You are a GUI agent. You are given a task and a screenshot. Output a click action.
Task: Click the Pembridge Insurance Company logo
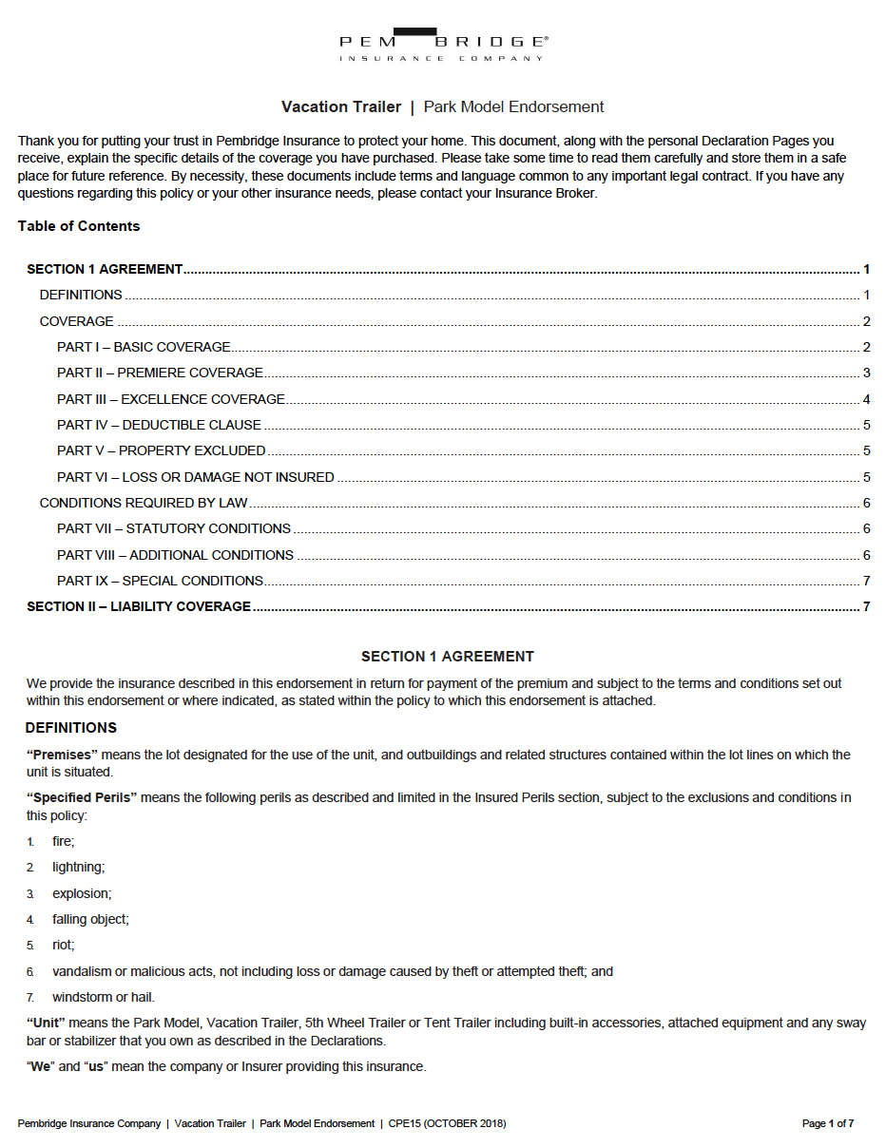pos(443,45)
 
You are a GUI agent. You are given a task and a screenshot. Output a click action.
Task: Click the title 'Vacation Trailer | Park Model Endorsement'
pos(442,106)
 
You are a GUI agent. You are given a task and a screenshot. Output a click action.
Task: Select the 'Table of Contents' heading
pos(79,226)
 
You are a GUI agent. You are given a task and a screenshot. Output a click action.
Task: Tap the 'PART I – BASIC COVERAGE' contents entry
pos(144,347)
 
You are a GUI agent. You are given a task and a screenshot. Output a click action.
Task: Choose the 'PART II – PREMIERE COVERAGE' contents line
pos(160,373)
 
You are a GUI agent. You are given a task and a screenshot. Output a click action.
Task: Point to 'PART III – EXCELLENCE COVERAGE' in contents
pos(171,399)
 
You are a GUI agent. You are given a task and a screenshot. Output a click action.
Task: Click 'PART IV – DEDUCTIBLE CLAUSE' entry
pos(159,425)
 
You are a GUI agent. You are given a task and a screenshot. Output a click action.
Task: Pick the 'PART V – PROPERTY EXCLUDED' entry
pos(162,450)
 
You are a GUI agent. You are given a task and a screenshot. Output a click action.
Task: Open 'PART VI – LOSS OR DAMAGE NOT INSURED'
pos(196,477)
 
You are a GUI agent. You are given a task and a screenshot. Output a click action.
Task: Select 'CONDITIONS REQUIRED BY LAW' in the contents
pos(144,503)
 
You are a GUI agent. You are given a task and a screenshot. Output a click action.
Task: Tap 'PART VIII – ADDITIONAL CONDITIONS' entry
pos(176,555)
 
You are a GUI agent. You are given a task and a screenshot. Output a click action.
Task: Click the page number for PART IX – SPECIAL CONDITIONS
pos(866,581)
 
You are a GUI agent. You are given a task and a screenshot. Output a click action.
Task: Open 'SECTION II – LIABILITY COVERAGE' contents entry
pos(139,606)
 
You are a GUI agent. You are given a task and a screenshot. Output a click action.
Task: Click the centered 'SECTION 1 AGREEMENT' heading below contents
pos(448,657)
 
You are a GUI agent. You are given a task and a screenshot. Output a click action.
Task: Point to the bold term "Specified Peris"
pos(83,797)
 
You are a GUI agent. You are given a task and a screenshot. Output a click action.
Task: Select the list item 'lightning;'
pos(78,867)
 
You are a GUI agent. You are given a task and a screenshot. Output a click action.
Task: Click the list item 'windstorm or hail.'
pos(103,997)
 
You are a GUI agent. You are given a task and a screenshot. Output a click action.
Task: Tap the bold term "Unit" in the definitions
pos(46,1023)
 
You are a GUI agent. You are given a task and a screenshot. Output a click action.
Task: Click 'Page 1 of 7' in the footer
pos(827,1123)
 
